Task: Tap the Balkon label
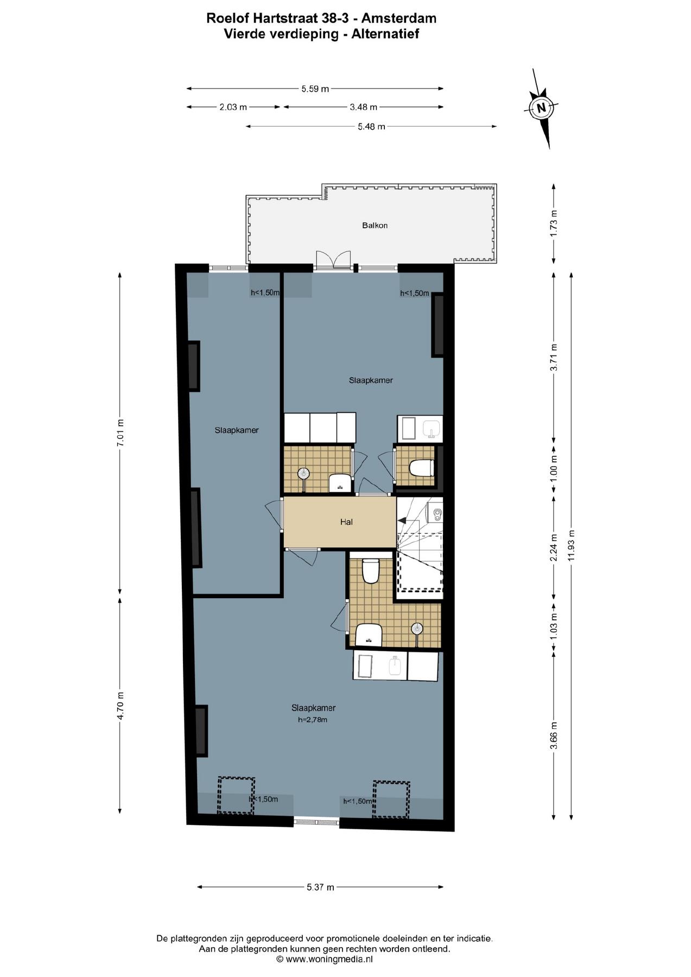[375, 225]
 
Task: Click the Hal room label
[346, 522]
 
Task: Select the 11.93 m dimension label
[570, 546]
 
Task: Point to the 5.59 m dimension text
[315, 88]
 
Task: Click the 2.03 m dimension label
[233, 107]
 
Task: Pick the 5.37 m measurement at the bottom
[320, 887]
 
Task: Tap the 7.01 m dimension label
[120, 433]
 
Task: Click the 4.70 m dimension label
[120, 706]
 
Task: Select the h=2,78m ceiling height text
[313, 720]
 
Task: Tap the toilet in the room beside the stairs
[421, 467]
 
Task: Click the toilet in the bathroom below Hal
[370, 571]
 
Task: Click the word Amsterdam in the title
[399, 18]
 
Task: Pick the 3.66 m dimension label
[554, 735]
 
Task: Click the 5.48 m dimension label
[371, 126]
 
